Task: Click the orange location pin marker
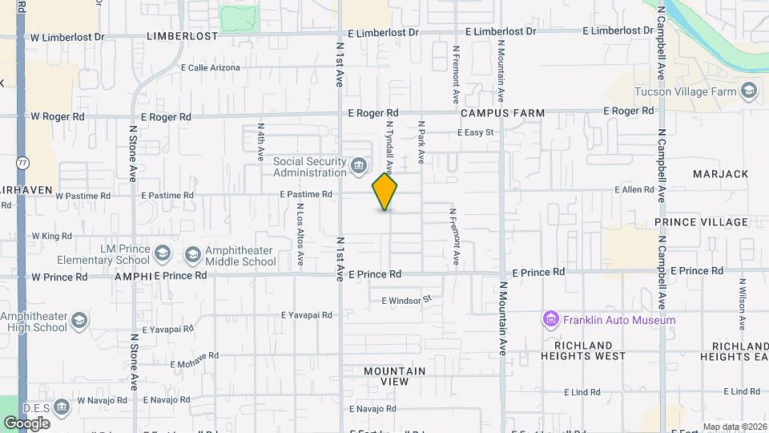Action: coord(385,192)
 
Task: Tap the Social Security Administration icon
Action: coord(359,167)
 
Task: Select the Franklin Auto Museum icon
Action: coord(550,320)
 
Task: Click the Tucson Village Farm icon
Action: coord(749,91)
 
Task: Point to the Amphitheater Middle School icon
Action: coord(192,255)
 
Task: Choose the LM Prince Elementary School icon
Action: coord(163,255)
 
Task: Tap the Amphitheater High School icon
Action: coord(79,322)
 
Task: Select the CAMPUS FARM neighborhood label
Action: coord(502,113)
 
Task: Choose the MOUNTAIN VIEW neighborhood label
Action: coord(395,376)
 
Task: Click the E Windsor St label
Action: coord(406,300)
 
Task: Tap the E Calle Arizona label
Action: coord(211,68)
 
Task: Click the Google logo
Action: coord(26,423)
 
